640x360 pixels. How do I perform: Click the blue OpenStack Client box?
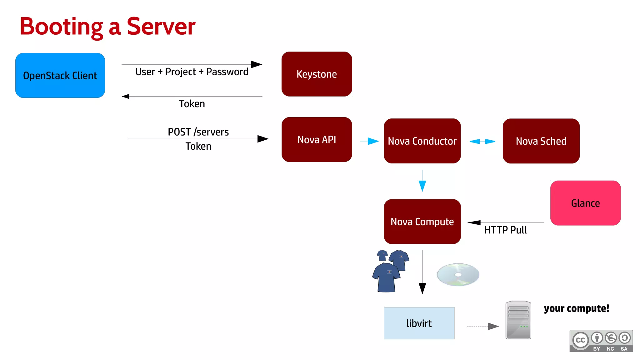tap(60, 75)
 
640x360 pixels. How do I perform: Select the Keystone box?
tap(317, 74)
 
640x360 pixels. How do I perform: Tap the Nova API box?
tap(317, 140)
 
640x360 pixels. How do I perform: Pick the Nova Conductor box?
tap(422, 141)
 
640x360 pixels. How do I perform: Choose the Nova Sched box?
tap(541, 141)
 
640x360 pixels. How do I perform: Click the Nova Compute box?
tap(422, 222)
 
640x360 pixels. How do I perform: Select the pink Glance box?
tap(585, 203)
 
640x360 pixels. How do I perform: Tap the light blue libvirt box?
tap(419, 323)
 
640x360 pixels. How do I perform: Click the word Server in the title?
tap(161, 27)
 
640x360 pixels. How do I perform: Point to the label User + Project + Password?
tap(192, 72)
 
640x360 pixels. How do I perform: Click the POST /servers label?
tap(198, 132)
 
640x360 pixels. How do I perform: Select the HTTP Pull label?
tap(505, 230)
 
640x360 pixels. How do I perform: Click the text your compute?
tap(576, 308)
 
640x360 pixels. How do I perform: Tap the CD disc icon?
tap(458, 274)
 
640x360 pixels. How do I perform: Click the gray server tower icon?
tap(518, 320)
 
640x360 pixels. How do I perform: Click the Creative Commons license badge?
tap(601, 341)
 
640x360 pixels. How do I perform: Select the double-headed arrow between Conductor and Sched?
tap(482, 142)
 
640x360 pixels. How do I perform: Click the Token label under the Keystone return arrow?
tap(192, 104)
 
